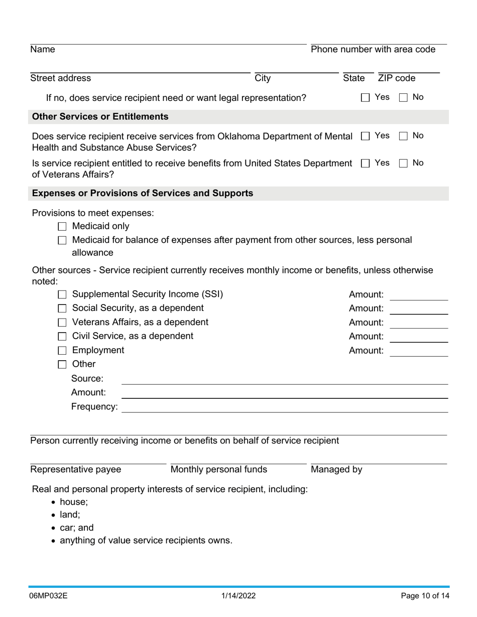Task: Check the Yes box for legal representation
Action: pyautogui.click(x=365, y=98)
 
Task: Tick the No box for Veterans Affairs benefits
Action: pyautogui.click(x=403, y=164)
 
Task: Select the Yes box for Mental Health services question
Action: pyautogui.click(x=365, y=136)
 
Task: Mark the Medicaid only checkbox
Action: pyautogui.click(x=62, y=227)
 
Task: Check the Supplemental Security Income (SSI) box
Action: pyautogui.click(x=62, y=294)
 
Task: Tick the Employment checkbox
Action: pyautogui.click(x=62, y=351)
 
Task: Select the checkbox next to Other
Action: pyautogui.click(x=62, y=365)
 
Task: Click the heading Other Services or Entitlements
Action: pyautogui.click(x=100, y=117)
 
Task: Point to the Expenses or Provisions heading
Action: pyautogui.click(x=142, y=194)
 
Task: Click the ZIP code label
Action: pyautogui.click(x=397, y=78)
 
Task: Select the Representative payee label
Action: pyautogui.click(x=75, y=470)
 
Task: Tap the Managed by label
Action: pyautogui.click(x=336, y=470)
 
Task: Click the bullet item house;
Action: pyautogui.click(x=73, y=502)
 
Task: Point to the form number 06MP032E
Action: pyautogui.click(x=49, y=596)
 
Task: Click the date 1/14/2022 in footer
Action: pyautogui.click(x=238, y=596)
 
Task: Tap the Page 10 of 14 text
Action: pyautogui.click(x=425, y=596)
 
